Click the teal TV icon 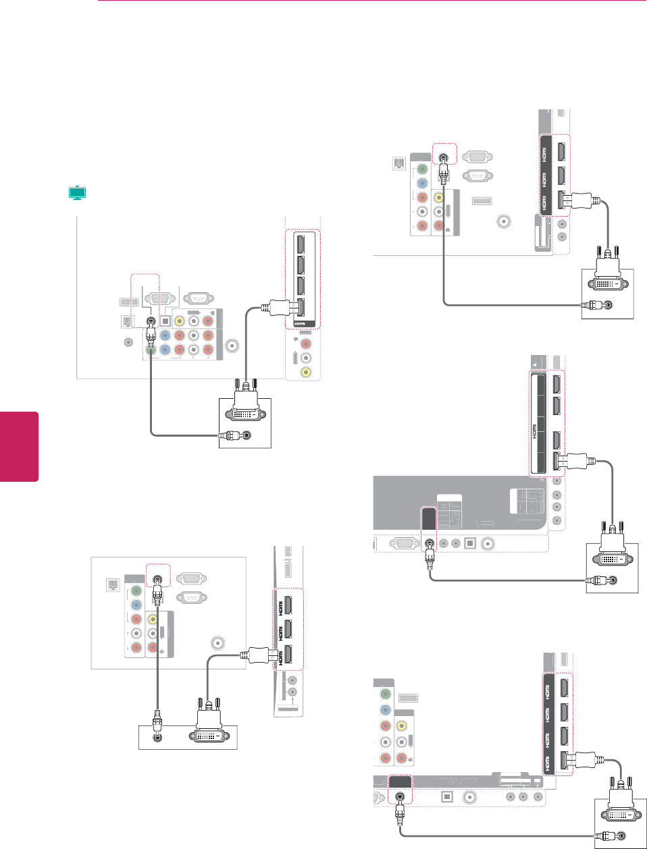tap(78, 193)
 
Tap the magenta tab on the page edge tap(19, 446)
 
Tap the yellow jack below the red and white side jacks tap(306, 372)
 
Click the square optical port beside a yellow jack tap(165, 321)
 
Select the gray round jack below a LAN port tap(128, 341)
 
